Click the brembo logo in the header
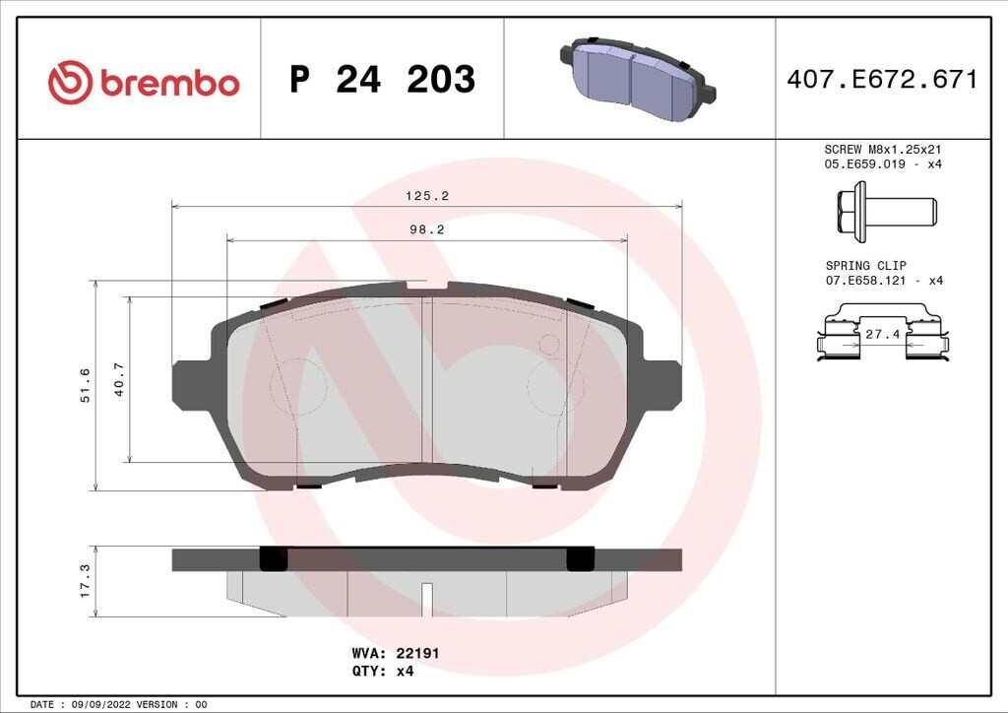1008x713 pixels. point(144,83)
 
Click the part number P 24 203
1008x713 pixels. point(383,79)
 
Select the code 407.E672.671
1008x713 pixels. point(882,79)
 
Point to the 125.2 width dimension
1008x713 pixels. point(427,196)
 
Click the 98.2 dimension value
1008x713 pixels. point(427,229)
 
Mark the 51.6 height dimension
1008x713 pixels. point(85,385)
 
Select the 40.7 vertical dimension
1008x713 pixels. point(119,379)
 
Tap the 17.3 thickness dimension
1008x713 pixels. point(85,581)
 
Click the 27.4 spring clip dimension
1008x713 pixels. point(883,334)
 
